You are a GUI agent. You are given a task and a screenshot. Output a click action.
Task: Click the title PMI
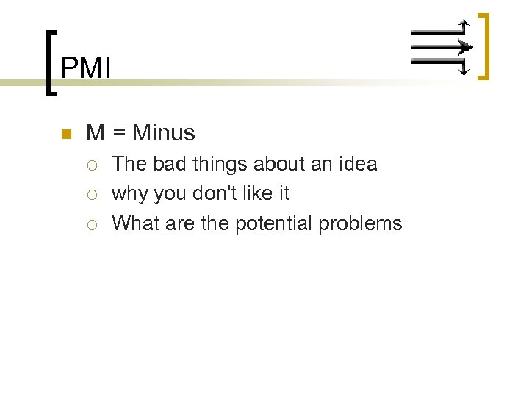(85, 68)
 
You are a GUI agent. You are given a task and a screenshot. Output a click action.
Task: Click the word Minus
(164, 133)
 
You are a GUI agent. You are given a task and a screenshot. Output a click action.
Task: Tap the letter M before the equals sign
(95, 133)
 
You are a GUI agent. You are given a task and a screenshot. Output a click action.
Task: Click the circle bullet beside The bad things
(92, 165)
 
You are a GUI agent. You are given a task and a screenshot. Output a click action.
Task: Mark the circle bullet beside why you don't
(92, 194)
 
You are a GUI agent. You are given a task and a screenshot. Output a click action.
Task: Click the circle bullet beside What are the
(92, 223)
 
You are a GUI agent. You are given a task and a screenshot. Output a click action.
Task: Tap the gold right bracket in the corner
(483, 46)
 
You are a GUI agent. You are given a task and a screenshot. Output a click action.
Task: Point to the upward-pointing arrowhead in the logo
(463, 24)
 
